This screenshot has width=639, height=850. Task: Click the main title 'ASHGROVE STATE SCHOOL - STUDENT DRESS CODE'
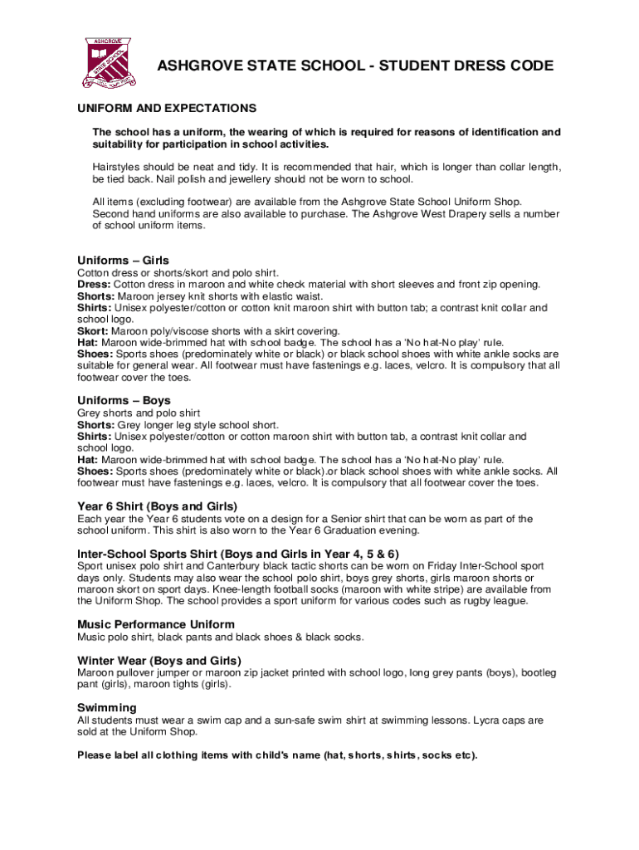point(356,66)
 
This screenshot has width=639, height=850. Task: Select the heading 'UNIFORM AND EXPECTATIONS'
point(167,109)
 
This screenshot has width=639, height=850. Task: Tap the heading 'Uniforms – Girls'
point(123,261)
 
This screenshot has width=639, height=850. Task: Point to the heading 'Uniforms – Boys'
point(124,401)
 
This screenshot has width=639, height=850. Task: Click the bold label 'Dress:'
point(94,285)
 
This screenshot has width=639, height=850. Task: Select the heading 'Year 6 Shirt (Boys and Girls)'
point(158,506)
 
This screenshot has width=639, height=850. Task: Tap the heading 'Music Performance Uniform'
point(156,624)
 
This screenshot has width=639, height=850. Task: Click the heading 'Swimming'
point(107,708)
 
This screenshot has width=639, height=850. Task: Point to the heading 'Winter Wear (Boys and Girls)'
point(159,661)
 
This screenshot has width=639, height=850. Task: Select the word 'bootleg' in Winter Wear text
point(537,672)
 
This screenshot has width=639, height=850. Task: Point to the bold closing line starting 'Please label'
point(277,755)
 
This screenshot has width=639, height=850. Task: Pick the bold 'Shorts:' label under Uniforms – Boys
point(95,425)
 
